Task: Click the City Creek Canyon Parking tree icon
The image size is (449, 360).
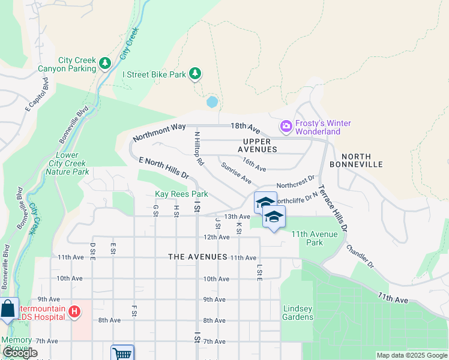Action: [105, 62]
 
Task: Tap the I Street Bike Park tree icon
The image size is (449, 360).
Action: [194, 74]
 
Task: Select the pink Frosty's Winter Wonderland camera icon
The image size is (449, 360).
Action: [286, 127]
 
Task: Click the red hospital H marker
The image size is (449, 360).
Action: [74, 311]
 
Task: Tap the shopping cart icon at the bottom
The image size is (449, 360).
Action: [122, 353]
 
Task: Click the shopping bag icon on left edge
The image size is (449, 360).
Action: [8, 310]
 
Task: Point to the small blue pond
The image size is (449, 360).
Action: [212, 102]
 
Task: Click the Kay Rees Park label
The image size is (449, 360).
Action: [181, 194]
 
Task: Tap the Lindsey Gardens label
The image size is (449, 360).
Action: [298, 313]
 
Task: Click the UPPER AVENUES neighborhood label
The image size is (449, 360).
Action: [257, 145]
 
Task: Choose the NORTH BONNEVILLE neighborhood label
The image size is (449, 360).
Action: [358, 160]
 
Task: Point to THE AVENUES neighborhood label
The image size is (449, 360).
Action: [197, 257]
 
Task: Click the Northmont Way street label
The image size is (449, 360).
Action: [160, 131]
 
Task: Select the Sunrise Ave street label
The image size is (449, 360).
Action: [235, 172]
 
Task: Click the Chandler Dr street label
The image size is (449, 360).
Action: [360, 256]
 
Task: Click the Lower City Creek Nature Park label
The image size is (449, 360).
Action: [67, 164]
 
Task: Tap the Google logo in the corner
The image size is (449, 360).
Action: [20, 353]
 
